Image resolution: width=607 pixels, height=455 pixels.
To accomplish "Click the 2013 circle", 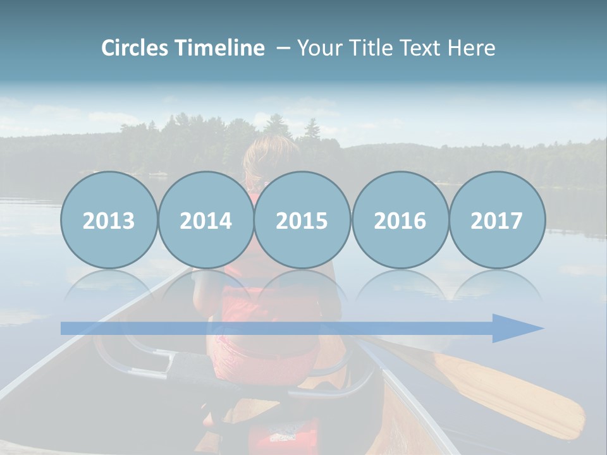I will tap(109, 220).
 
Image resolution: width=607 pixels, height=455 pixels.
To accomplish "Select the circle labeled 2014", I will tap(206, 220).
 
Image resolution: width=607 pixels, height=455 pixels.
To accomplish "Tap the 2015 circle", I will tap(302, 220).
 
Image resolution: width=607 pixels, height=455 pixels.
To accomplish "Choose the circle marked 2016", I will tap(400, 220).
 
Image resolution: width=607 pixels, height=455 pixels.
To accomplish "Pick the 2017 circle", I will tap(497, 220).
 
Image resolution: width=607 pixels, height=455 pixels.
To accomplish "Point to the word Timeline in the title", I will tap(220, 48).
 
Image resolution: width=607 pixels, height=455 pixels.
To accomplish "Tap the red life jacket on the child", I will tap(266, 316).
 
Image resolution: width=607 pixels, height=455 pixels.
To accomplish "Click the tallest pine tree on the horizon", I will tap(312, 130).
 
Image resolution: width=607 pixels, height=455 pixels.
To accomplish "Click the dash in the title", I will tap(284, 48).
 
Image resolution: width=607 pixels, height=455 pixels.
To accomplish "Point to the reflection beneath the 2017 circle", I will tap(497, 288).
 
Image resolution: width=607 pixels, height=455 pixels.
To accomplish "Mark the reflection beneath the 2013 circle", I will tap(109, 288).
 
